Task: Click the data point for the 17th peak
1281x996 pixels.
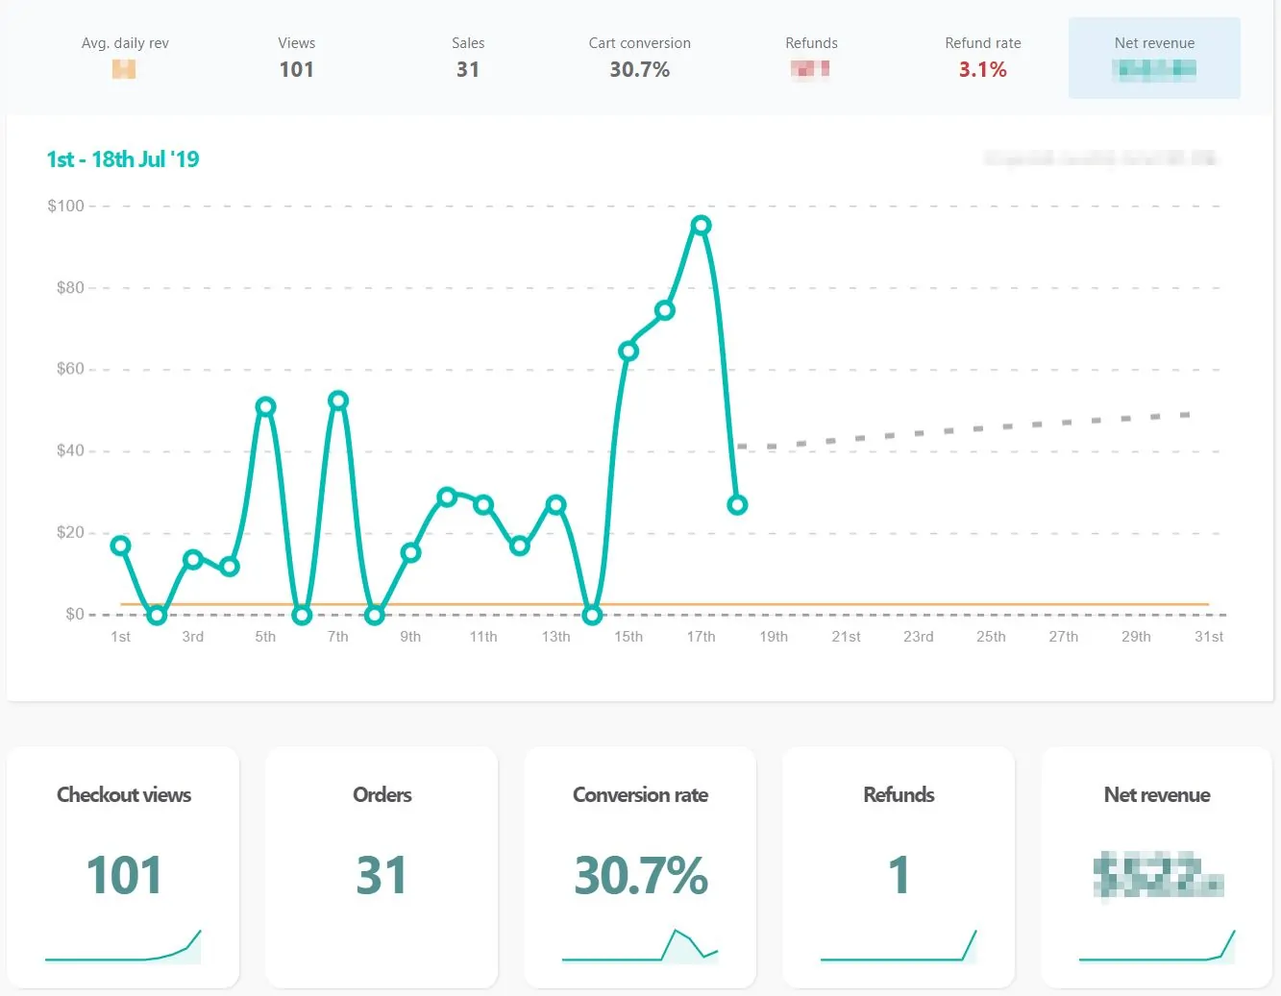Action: point(701,226)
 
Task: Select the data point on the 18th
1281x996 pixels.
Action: point(737,505)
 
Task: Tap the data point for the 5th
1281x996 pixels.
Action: point(265,407)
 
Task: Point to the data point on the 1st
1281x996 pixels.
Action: point(120,546)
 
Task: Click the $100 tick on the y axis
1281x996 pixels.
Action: point(65,206)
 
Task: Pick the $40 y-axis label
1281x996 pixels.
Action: point(70,450)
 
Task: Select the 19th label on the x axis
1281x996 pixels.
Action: point(774,637)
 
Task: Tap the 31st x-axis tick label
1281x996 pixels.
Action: point(1208,637)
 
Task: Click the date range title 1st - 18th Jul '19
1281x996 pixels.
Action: point(123,159)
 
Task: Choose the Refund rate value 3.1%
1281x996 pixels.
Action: point(982,69)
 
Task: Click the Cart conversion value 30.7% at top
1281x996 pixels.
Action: point(639,69)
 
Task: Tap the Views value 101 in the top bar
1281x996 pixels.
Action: point(296,69)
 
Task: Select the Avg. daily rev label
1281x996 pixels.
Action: point(125,43)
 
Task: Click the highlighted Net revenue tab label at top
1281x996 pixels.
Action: point(1154,43)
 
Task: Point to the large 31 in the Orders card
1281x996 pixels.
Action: point(382,875)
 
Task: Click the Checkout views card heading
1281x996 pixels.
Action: point(124,794)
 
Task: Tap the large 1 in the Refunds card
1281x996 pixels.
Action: point(899,875)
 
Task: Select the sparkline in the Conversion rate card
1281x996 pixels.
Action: point(640,947)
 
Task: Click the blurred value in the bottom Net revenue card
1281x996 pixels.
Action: point(1157,875)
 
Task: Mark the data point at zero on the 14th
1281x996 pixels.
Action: point(592,615)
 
